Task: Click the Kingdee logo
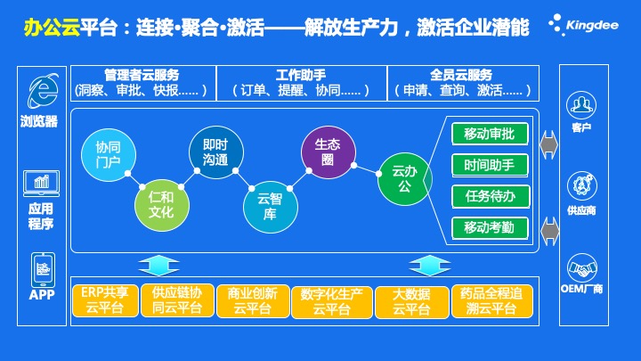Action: (x=583, y=25)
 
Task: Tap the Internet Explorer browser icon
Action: (x=43, y=90)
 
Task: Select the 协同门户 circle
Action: (x=109, y=155)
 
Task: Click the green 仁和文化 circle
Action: (x=161, y=205)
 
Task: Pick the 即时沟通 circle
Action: (x=215, y=152)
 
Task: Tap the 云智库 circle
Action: (x=271, y=207)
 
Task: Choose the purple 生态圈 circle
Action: (x=329, y=152)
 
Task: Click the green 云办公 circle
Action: (x=405, y=179)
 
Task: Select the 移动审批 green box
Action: (x=490, y=134)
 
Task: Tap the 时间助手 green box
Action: (x=490, y=165)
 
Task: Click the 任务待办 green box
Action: (x=491, y=196)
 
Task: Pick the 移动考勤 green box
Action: (x=490, y=227)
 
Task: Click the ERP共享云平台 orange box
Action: (x=105, y=301)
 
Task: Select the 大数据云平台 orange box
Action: (x=411, y=302)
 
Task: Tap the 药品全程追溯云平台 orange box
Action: (x=491, y=301)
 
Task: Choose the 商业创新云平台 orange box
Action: (x=253, y=301)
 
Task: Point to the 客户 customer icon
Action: (x=580, y=105)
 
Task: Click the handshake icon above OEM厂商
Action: (x=581, y=268)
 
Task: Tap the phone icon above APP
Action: (x=43, y=270)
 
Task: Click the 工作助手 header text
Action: (x=301, y=75)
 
